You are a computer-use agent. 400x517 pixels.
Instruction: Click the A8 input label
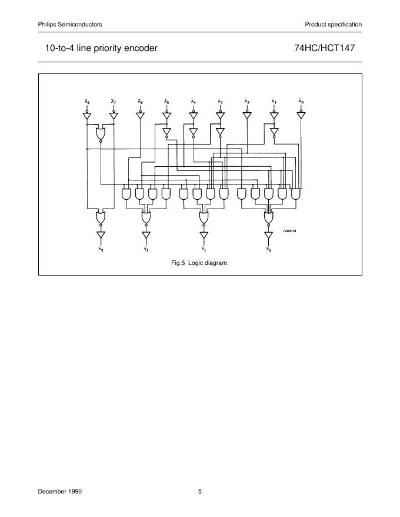point(87,102)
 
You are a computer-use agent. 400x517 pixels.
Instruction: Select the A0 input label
point(301,102)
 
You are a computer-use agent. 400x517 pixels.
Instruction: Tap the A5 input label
point(167,102)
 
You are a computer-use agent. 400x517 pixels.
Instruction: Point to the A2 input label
point(247,102)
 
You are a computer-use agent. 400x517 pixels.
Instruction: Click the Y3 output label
point(101,249)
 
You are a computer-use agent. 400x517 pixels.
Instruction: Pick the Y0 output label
point(269,249)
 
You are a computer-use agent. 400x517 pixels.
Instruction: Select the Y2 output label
point(146,249)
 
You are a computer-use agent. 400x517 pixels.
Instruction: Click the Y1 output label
point(204,249)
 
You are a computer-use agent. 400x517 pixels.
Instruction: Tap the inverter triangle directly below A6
point(140,116)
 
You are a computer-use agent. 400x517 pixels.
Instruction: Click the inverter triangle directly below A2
point(247,116)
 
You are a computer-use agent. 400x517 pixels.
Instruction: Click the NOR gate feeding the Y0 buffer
point(269,218)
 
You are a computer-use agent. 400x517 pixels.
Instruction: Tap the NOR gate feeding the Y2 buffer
point(146,218)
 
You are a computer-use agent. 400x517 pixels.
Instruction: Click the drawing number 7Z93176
point(289,231)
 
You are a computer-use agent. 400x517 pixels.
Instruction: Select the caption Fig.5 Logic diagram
point(199,263)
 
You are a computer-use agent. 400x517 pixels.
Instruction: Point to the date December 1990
point(60,491)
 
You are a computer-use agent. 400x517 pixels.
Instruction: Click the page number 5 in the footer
point(200,491)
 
